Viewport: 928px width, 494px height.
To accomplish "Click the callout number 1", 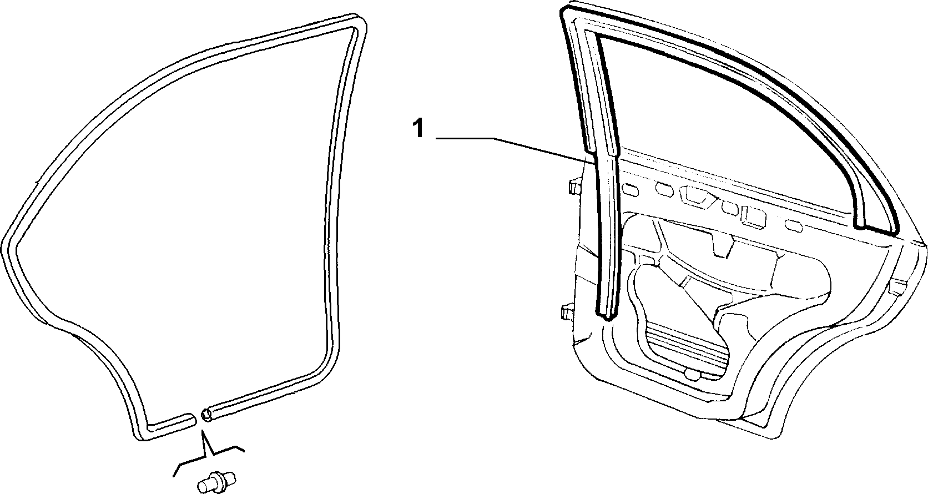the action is (419, 128).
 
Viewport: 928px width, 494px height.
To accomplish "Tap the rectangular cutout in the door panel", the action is (754, 216).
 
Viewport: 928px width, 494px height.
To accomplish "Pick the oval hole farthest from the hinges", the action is (793, 226).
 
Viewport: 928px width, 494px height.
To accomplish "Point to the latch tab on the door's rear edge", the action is (897, 287).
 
